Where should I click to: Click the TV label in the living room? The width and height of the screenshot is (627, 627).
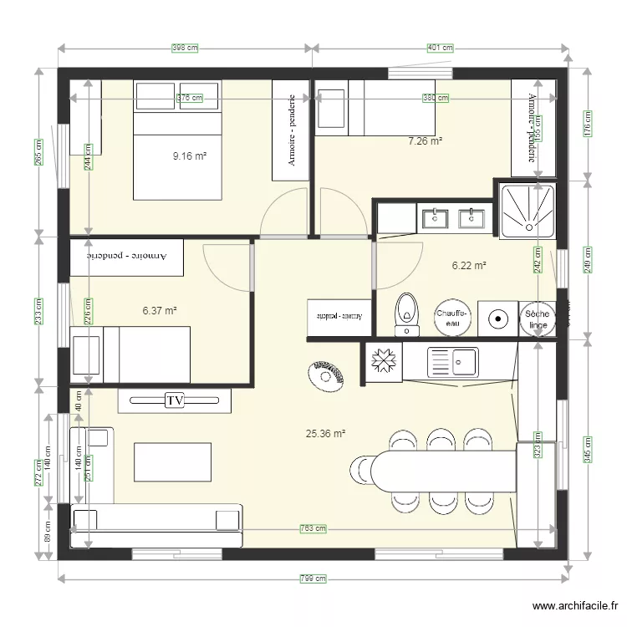pos(174,400)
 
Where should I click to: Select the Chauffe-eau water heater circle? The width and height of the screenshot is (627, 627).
pos(452,317)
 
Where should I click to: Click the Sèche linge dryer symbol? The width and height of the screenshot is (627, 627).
pos(536,319)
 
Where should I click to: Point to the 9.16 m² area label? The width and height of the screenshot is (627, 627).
pos(190,155)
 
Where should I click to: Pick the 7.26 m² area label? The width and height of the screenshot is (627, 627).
pos(424,141)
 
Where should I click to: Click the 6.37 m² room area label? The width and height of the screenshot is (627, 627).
pos(160,310)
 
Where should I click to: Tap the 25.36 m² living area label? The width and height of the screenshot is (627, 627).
pos(325,434)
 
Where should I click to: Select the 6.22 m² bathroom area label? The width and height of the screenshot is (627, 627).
pos(469,266)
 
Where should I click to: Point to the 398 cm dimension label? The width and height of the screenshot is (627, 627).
pos(184,48)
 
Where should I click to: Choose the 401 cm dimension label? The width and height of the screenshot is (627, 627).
pos(440,48)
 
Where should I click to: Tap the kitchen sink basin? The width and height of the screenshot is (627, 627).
pos(461,362)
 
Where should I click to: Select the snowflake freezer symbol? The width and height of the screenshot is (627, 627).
pos(385,361)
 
